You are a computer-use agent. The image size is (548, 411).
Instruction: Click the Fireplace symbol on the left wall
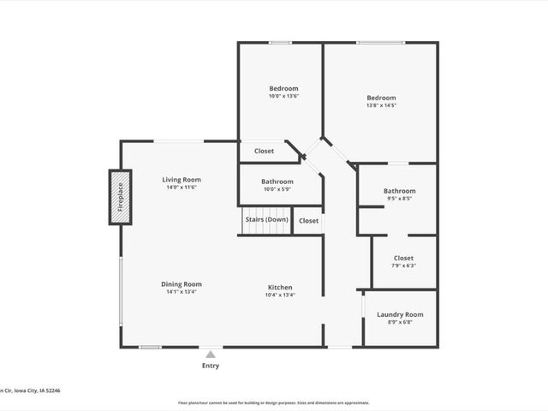click(x=120, y=197)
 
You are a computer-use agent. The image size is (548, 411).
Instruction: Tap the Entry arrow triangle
click(x=211, y=353)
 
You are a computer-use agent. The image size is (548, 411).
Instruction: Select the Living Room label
click(x=182, y=180)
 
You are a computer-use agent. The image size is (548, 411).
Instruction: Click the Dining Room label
click(x=182, y=284)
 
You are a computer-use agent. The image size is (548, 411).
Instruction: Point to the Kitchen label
click(x=280, y=288)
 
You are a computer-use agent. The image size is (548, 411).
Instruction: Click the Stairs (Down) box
click(x=266, y=220)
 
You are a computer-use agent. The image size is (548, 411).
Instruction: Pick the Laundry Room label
click(x=400, y=315)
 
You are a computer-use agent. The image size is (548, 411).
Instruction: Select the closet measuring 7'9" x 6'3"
click(x=403, y=261)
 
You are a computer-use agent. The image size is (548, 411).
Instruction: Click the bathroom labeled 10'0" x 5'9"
click(x=277, y=185)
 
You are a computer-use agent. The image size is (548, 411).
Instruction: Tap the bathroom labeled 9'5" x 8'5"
click(x=399, y=194)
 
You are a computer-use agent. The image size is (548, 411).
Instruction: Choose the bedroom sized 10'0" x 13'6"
click(x=283, y=92)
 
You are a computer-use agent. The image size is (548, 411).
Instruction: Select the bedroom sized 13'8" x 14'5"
click(x=381, y=101)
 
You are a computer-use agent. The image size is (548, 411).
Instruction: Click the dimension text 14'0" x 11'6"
click(x=182, y=188)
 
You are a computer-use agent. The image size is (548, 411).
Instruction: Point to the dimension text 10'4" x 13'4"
click(x=280, y=295)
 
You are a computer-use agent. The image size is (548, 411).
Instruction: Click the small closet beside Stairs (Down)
click(x=308, y=221)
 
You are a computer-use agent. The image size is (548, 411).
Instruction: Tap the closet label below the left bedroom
click(x=264, y=152)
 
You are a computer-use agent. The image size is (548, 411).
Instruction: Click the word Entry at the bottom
click(x=211, y=366)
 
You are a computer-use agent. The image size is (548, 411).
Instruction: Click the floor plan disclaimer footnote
click(x=273, y=402)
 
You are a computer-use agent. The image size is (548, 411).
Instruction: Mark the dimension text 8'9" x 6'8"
click(x=400, y=323)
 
